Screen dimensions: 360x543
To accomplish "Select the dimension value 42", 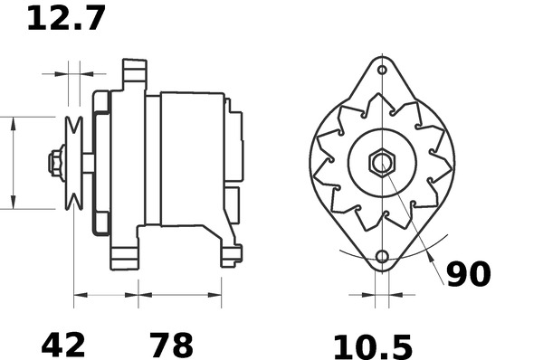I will tap(63, 344).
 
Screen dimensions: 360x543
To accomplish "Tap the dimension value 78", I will tap(171, 344).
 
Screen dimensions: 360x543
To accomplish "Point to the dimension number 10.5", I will tap(372, 346).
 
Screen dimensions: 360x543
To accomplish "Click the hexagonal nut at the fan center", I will tap(382, 164).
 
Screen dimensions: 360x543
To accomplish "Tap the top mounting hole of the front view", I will tap(382, 70).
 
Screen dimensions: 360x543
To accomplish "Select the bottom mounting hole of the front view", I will tap(382, 258).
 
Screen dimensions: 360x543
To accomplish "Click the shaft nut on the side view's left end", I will tap(55, 163).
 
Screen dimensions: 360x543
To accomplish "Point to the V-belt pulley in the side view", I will tap(74, 163).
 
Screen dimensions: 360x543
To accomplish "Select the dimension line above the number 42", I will tap(105, 293).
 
